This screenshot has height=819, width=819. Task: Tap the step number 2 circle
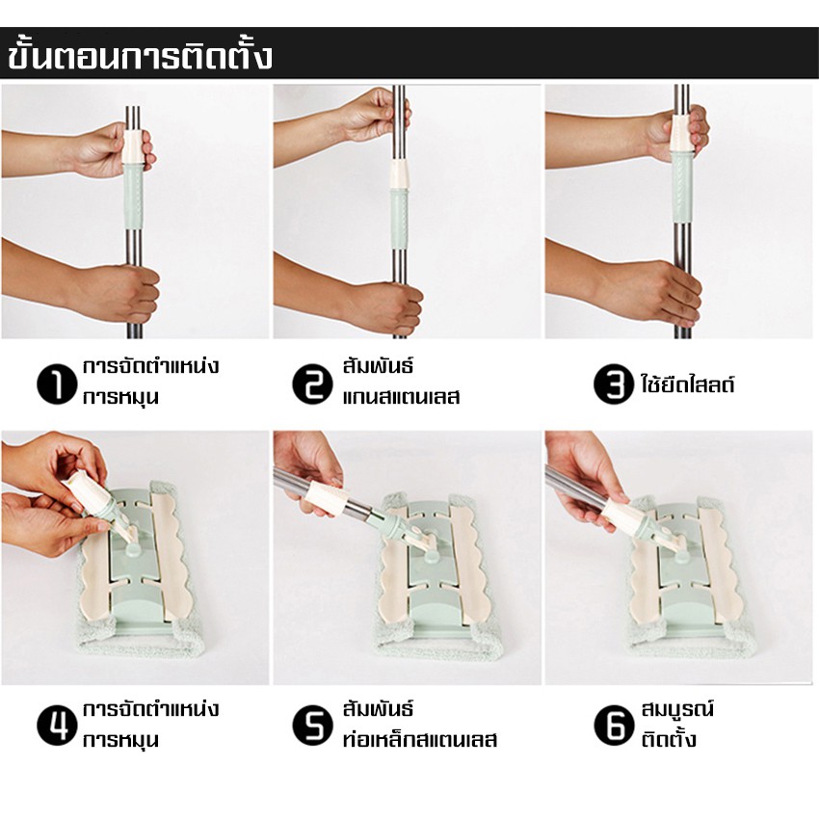312,384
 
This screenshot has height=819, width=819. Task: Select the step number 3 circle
610,384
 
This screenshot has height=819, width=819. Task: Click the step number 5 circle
312,726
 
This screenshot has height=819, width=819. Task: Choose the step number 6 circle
610,726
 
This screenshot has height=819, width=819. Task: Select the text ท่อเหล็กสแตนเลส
419,740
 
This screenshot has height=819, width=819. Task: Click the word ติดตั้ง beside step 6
669,740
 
